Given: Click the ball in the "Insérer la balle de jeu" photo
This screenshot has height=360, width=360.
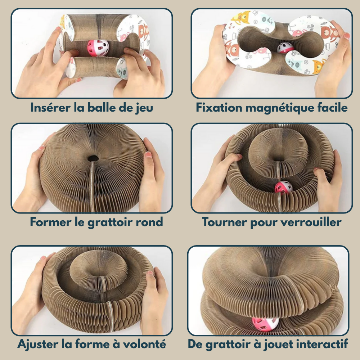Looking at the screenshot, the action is point(98,48).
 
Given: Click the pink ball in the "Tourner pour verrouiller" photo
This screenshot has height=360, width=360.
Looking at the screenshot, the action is point(284,187).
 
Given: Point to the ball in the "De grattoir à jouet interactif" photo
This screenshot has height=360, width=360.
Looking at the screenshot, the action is point(265,324).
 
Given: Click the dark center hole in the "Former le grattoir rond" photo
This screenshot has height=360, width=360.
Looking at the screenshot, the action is point(93,158).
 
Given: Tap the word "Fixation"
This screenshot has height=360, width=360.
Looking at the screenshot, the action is point(219,107).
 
